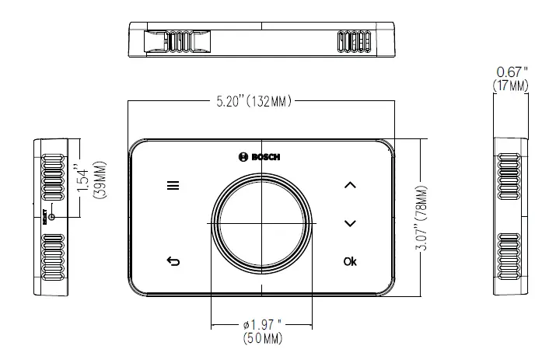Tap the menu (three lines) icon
[x=172, y=186]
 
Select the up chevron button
[x=350, y=185]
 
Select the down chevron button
[x=350, y=223]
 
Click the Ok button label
[x=350, y=261]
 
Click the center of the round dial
[x=262, y=222]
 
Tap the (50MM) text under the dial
[x=262, y=338]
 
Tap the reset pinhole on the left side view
[x=52, y=215]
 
